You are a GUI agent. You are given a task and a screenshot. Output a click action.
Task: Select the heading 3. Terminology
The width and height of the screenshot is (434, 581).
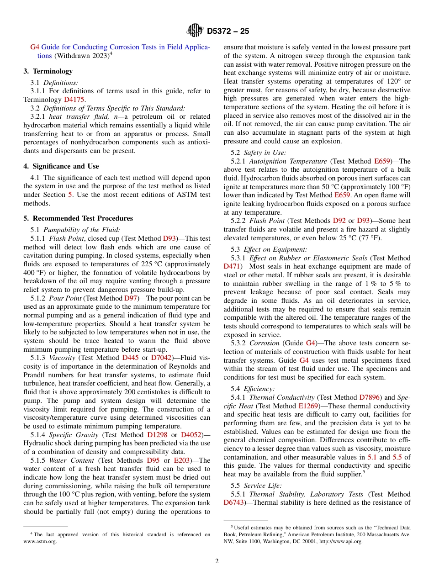click(48, 71)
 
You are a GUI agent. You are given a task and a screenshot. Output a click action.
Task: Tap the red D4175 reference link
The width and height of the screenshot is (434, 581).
click(74, 99)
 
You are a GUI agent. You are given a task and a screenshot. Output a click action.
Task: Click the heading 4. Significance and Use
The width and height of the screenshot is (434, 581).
click(61, 166)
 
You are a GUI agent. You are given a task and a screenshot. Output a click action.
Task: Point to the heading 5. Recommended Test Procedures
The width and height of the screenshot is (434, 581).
click(78, 218)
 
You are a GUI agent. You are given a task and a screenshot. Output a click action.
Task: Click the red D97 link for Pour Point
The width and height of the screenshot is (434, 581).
click(130, 298)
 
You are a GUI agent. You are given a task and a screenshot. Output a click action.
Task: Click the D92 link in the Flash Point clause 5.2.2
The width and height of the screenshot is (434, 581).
click(339, 221)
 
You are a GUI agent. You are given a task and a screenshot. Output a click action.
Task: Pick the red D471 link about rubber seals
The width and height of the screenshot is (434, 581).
click(233, 266)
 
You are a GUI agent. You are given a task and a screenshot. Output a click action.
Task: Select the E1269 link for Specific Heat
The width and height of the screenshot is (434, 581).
click(309, 406)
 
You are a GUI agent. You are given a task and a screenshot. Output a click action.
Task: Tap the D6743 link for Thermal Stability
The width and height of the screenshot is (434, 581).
click(234, 502)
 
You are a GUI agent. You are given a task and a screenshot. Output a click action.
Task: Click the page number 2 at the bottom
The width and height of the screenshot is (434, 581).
click(217, 561)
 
